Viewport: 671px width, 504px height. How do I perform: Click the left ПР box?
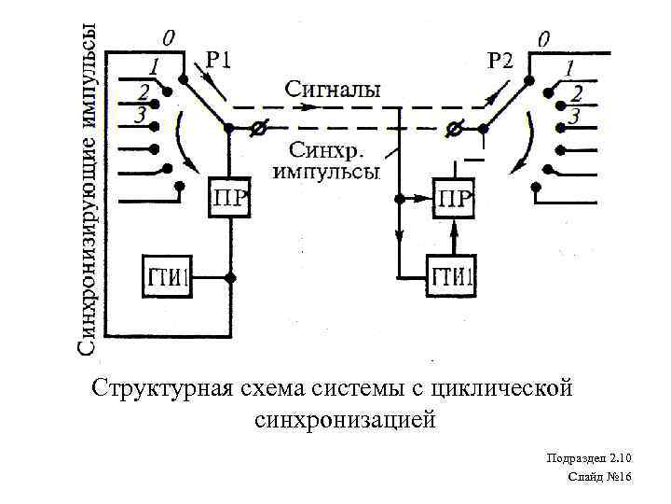[228, 198]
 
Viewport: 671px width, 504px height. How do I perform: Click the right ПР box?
[455, 198]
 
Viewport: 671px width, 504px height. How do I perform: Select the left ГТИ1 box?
[168, 277]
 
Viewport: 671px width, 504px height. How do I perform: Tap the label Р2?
[500, 61]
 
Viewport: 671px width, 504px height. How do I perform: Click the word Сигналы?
[332, 91]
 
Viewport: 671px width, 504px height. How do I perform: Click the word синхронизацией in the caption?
[345, 420]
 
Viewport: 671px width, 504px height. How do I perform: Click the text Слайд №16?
[600, 477]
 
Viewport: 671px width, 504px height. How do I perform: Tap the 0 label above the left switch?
[168, 38]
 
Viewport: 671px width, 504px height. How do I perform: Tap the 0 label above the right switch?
[542, 38]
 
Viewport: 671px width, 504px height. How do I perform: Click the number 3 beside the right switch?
[574, 116]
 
